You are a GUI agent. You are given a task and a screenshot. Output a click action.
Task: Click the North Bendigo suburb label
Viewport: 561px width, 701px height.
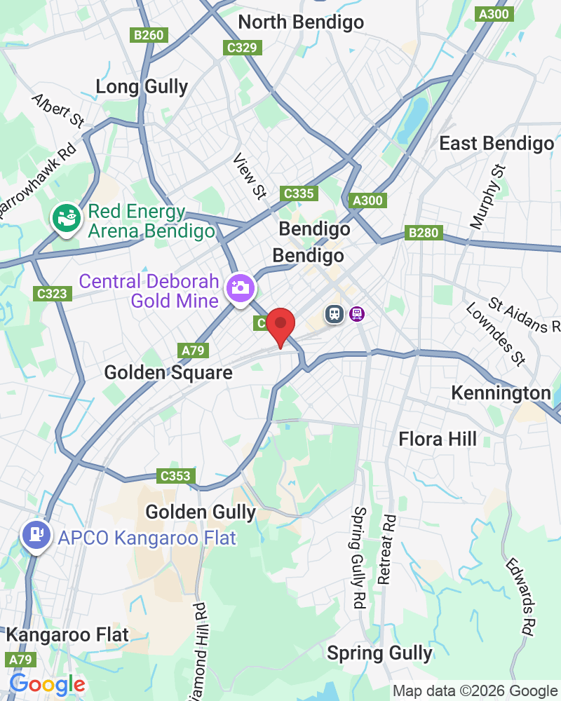(301, 22)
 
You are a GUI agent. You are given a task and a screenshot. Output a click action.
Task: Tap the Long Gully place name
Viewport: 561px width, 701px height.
(142, 87)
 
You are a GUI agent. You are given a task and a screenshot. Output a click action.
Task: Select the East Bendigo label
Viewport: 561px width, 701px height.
(496, 144)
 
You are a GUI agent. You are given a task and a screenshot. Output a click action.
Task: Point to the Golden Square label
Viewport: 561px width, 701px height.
(168, 372)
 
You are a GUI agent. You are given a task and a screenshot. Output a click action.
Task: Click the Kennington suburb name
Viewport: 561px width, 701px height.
(501, 393)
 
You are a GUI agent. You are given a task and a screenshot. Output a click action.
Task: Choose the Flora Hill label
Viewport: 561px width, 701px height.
(438, 439)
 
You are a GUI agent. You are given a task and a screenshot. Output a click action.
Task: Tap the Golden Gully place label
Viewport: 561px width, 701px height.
(201, 512)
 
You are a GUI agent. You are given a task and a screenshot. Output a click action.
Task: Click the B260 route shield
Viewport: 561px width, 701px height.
(149, 34)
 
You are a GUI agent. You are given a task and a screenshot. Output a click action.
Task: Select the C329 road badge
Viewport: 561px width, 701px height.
(243, 48)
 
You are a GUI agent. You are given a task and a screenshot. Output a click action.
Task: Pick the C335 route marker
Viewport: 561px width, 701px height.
(299, 193)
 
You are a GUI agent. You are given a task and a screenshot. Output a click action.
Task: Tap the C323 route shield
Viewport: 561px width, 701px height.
(53, 293)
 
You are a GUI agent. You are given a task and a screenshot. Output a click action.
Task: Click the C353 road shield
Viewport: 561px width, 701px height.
(175, 476)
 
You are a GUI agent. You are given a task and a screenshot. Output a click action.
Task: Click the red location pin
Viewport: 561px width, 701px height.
(280, 325)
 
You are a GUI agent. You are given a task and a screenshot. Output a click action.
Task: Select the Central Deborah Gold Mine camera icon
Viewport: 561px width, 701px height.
(240, 287)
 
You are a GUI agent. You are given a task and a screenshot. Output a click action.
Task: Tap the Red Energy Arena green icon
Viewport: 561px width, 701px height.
(67, 218)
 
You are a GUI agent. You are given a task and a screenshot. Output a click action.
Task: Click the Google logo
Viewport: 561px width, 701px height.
(47, 684)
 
